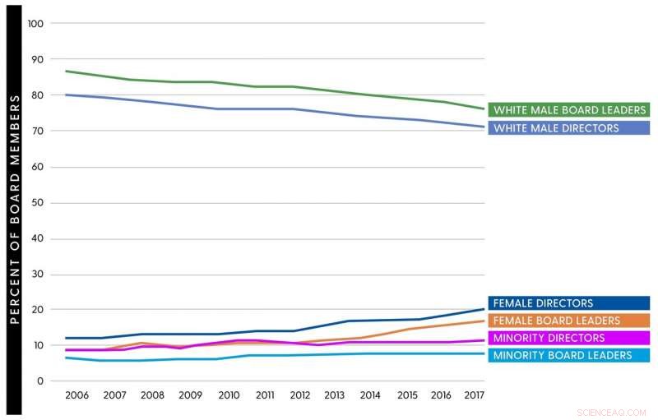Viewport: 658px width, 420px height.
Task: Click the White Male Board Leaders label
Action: coord(568,110)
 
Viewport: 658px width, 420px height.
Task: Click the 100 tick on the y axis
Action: coord(35,24)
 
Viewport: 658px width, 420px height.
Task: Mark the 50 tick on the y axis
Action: coord(38,203)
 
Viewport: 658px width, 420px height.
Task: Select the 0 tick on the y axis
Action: coord(40,381)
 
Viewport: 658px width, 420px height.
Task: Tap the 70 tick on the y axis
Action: coord(38,132)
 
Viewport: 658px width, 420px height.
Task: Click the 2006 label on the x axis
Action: coord(76,396)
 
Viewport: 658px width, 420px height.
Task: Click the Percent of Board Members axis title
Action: coord(15,210)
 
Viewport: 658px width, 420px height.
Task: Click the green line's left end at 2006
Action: coord(66,72)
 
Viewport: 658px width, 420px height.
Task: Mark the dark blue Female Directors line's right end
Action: coord(484,309)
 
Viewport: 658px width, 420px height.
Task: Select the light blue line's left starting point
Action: coord(66,358)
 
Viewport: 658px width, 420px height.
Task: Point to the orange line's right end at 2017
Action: coord(484,321)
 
